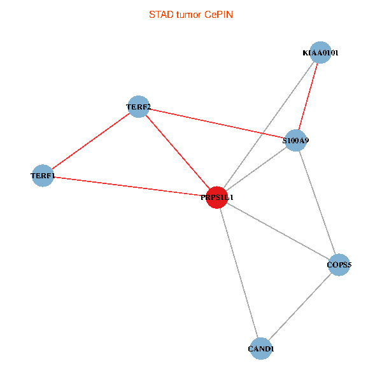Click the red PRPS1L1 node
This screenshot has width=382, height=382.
pos(217,197)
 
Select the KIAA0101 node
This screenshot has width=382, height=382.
pos(320,53)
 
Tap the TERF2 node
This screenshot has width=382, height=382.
pos(138,107)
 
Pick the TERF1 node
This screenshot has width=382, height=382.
pos(43,175)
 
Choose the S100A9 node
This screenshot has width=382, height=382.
pos(295,140)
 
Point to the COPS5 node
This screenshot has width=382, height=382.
pos(339,265)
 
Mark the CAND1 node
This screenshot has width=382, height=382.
pos(260,349)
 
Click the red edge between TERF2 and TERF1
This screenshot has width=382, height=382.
pos(90,141)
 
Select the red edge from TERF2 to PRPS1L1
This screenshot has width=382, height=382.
pos(178,152)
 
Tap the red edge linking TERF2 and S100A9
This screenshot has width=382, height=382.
pos(216,124)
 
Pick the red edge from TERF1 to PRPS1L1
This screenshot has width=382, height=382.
pos(130,186)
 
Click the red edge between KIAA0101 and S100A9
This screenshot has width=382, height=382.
pos(308,96)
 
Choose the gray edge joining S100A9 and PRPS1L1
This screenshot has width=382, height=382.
pos(257,169)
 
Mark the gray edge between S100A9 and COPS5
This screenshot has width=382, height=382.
pos(317,202)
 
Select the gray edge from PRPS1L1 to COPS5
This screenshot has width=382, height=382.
pos(278,231)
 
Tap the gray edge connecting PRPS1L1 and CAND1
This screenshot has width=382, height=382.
pos(239,273)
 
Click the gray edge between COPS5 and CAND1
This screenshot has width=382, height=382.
pos(299,307)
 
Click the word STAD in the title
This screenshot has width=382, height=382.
pos(160,14)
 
